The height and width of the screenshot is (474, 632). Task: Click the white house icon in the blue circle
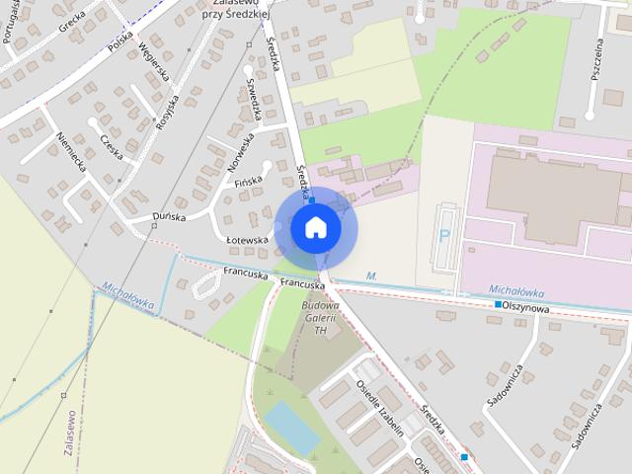(x=315, y=227)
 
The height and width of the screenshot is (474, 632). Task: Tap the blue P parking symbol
(x=444, y=237)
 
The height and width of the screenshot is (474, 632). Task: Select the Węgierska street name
(x=154, y=61)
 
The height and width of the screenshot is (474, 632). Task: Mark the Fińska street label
(x=245, y=182)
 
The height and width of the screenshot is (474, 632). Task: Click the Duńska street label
(x=170, y=215)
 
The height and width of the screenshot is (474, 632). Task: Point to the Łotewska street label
(x=247, y=240)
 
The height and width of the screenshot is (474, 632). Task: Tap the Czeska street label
(x=111, y=148)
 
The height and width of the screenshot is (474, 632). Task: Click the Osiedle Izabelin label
(x=394, y=411)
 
